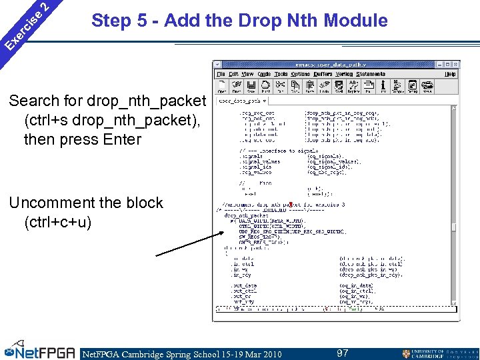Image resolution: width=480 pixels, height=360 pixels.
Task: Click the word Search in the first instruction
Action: click(35, 101)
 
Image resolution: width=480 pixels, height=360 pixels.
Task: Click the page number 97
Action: click(343, 353)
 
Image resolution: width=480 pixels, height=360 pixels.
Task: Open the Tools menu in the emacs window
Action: click(281, 74)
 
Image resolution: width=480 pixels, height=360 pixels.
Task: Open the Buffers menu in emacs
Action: click(323, 74)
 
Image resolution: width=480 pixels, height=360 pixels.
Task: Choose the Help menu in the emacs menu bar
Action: click(451, 74)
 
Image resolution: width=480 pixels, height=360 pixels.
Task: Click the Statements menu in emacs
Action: click(371, 74)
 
